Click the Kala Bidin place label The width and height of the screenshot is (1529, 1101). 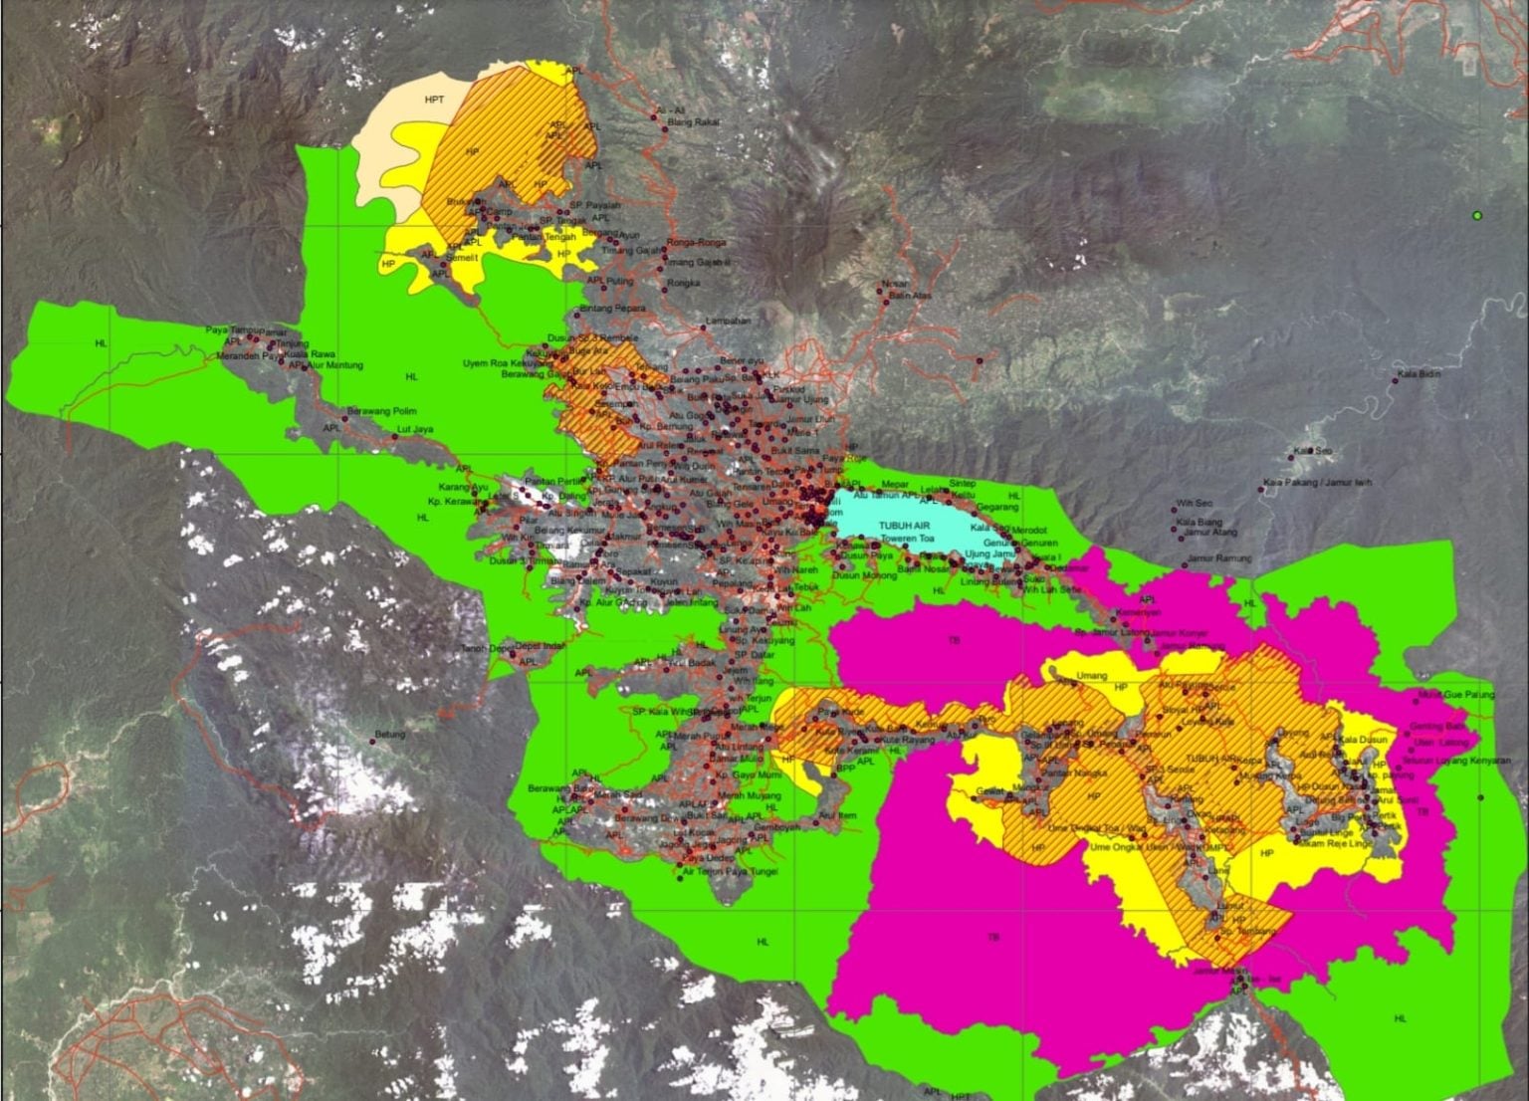(x=1419, y=374)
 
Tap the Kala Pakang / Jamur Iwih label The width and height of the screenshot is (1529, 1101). (x=1317, y=483)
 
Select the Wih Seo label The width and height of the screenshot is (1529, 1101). (x=1194, y=504)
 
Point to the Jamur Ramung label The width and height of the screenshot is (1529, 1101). (x=1218, y=558)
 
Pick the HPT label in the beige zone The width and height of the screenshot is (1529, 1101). (x=434, y=100)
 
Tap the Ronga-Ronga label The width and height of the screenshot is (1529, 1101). (x=697, y=242)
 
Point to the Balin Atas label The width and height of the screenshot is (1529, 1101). (x=910, y=295)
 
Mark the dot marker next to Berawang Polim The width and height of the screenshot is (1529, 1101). (x=345, y=419)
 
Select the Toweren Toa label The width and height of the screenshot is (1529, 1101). (x=907, y=538)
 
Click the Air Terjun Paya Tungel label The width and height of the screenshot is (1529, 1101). (x=730, y=872)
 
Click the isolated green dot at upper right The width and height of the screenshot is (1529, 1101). (x=1478, y=216)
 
